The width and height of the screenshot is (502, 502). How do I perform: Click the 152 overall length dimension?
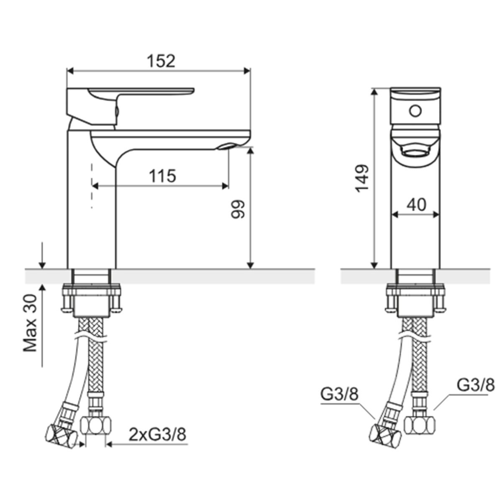pos(161,61)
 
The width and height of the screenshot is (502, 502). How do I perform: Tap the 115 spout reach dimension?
pos(163,176)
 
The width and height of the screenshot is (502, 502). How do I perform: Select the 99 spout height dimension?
pos(238,209)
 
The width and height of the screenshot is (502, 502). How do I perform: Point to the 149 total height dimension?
pos(362,179)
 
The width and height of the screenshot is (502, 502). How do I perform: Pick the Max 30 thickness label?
pos(30,323)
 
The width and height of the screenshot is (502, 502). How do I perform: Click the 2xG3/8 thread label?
pos(158,435)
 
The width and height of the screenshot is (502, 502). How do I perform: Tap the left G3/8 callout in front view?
pos(340,395)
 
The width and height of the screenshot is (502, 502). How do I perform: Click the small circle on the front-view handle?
pos(415,111)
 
